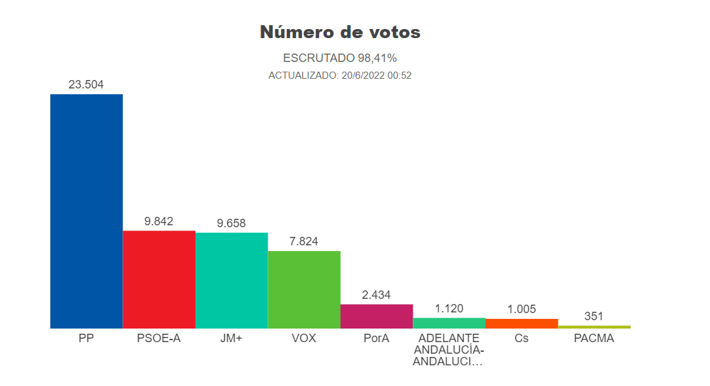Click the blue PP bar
(86, 211)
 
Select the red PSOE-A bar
(159, 279)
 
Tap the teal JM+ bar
(232, 280)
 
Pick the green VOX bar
(304, 289)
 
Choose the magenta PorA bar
(377, 316)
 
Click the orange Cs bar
(522, 323)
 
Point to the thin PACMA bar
(594, 327)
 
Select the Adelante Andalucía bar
(449, 323)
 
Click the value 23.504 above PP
(86, 85)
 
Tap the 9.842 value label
(159, 221)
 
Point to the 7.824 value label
(304, 241)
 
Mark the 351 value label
(594, 316)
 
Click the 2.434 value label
(377, 295)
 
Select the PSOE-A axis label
(159, 338)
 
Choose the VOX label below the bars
(304, 338)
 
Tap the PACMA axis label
(594, 338)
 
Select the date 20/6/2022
(362, 76)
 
